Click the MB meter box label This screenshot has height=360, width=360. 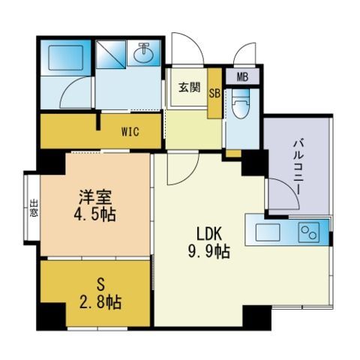pyautogui.click(x=242, y=77)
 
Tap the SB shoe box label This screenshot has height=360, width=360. pyautogui.click(x=214, y=94)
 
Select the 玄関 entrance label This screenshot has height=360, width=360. pyautogui.click(x=190, y=88)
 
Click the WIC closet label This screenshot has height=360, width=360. pyautogui.click(x=130, y=131)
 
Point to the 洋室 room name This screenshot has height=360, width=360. pyautogui.click(x=95, y=197)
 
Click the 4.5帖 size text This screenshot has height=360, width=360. pyautogui.click(x=95, y=214)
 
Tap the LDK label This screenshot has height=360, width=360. pyautogui.click(x=209, y=234)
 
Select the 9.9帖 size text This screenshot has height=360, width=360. pyautogui.click(x=209, y=251)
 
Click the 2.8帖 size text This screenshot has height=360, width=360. pyautogui.click(x=100, y=302)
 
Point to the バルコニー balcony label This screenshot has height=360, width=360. pyautogui.click(x=298, y=166)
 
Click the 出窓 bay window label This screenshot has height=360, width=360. pyautogui.click(x=34, y=208)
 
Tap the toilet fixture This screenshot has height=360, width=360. pyautogui.click(x=241, y=103)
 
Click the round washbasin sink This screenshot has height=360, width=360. pyautogui.click(x=143, y=53)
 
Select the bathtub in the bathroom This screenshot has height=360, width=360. pyautogui.click(x=65, y=58)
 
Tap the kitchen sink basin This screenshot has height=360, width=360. pyautogui.click(x=268, y=232)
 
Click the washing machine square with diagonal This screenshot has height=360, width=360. pyautogui.click(x=111, y=55)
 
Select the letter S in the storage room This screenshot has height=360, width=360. pyautogui.click(x=100, y=285)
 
